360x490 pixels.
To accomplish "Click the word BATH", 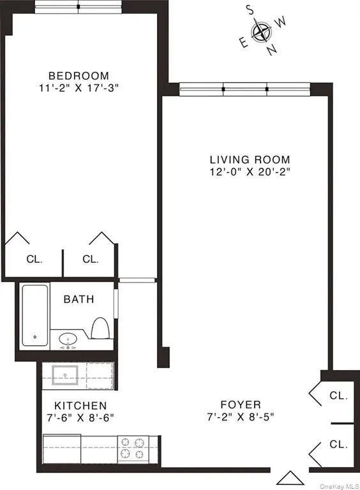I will pos(79,299).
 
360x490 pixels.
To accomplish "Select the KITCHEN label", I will pos(80,406).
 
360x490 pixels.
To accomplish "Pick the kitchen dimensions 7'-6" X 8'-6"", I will pos(80,418).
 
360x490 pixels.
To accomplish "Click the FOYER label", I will pos(241,405).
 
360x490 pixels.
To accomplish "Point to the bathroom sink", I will pos(68,339).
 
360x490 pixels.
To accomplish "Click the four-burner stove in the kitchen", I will pos(132,448).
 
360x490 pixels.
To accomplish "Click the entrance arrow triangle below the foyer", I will pos(288,477).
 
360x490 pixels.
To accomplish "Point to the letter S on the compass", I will pos(251,9).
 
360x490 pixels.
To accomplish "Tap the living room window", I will pos(244,89).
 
